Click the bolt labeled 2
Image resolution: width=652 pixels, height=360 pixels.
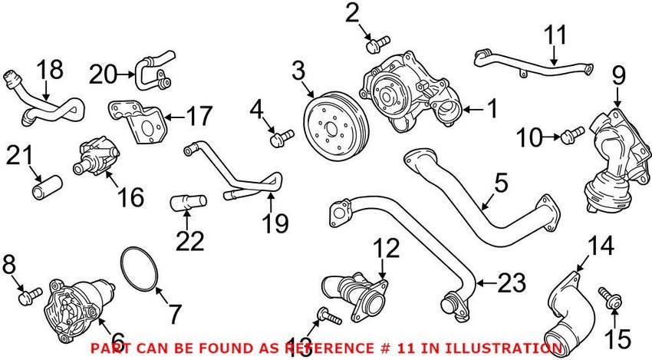(x=378, y=45)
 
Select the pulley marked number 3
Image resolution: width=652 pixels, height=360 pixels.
(x=336, y=126)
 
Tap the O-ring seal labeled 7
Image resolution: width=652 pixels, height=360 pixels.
(x=140, y=269)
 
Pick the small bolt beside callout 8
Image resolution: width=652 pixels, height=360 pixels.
(x=31, y=296)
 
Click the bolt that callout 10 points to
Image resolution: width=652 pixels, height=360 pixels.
(x=572, y=136)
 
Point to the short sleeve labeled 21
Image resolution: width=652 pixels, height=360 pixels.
(x=48, y=188)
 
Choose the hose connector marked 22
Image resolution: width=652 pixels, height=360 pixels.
(x=189, y=203)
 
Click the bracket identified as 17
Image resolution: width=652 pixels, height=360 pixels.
(x=137, y=121)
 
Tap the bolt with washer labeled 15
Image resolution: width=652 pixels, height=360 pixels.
(x=610, y=299)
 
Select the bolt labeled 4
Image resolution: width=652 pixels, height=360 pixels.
(x=282, y=137)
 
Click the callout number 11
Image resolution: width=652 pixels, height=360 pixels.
(x=555, y=35)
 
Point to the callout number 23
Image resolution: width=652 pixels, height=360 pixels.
(x=512, y=283)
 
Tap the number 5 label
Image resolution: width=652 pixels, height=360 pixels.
(x=501, y=183)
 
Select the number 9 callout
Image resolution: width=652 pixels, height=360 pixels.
(x=619, y=76)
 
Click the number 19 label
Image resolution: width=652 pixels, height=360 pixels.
(x=275, y=223)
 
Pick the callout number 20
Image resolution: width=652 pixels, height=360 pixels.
(x=102, y=75)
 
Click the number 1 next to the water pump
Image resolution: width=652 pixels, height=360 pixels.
(x=492, y=109)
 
